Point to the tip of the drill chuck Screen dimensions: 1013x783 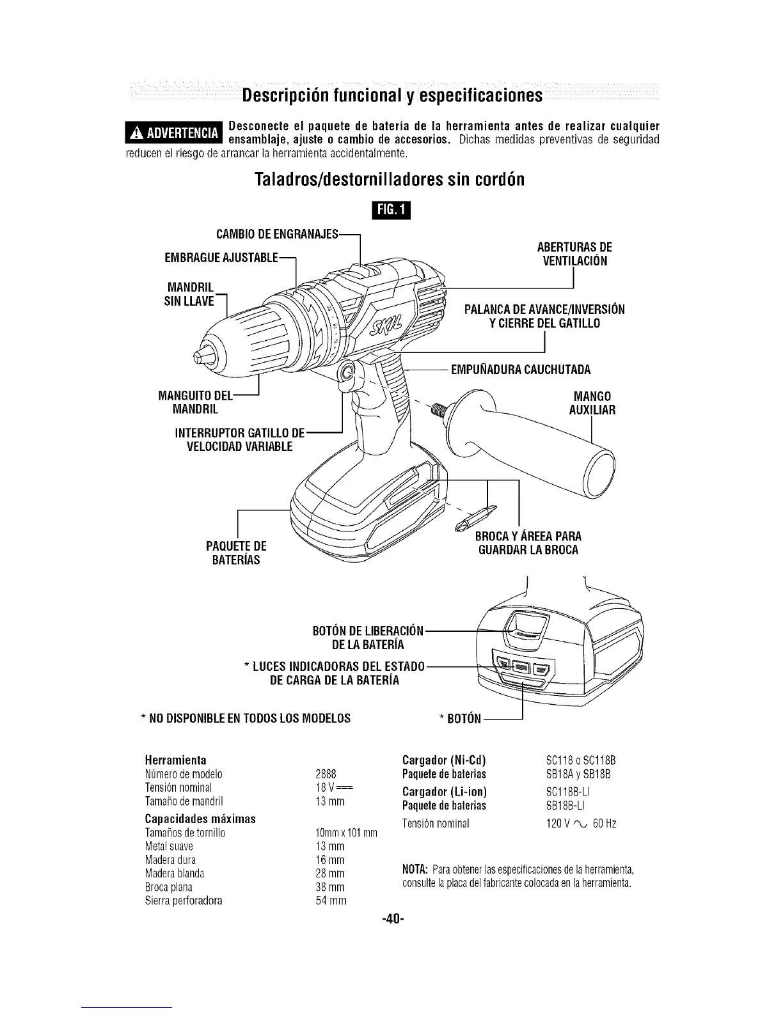coord(206,354)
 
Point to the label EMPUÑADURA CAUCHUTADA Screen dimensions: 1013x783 coord(520,369)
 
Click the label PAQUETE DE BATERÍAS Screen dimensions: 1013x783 coord(236,553)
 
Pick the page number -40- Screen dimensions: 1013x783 coord(391,919)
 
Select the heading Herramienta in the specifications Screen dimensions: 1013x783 coord(176,760)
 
